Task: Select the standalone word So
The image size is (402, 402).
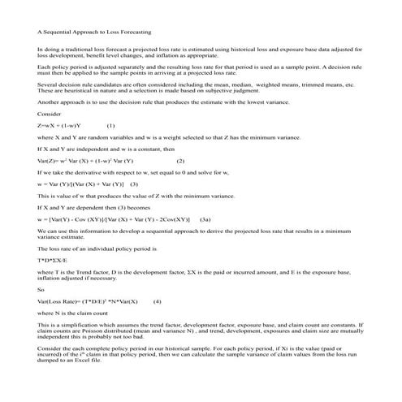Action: (41, 288)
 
